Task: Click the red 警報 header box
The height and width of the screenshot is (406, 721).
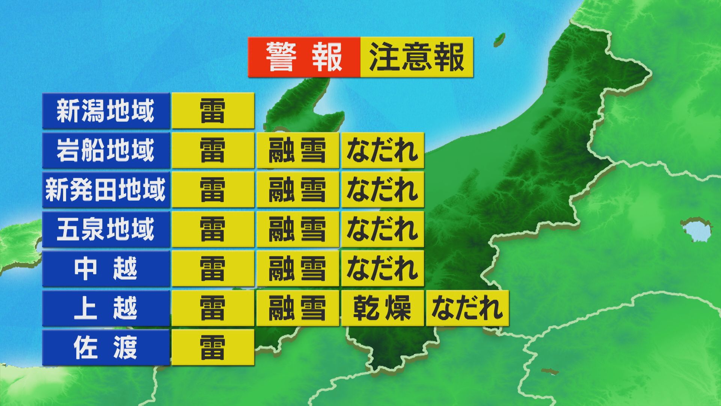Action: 304,57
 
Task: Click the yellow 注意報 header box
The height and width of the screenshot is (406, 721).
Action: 416,57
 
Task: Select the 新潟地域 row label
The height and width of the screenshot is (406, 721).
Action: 106,111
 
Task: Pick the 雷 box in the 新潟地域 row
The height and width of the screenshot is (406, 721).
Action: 213,111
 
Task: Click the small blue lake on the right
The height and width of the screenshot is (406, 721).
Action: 695,229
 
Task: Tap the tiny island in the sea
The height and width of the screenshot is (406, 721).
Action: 499,38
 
